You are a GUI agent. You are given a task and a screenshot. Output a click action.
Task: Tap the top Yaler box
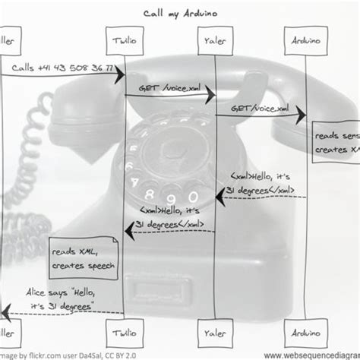tap(213, 39)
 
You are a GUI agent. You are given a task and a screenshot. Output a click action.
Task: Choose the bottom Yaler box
tap(213, 332)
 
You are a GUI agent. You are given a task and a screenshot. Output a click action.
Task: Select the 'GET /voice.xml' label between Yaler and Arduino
tap(261, 108)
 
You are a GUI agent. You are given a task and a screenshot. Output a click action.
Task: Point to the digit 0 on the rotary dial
tap(193, 197)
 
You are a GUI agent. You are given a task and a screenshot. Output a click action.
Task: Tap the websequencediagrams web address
tap(311, 354)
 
